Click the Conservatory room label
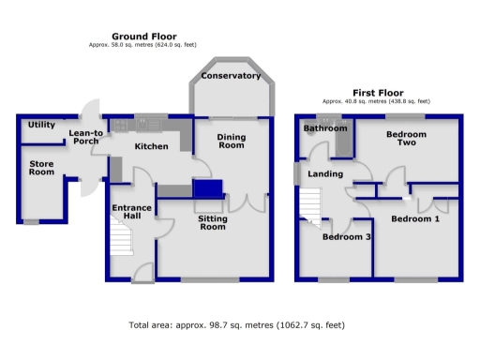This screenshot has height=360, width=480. point(231,76)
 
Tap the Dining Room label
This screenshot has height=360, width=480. point(231,141)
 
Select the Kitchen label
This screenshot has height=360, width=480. point(151,146)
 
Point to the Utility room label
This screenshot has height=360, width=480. point(41,125)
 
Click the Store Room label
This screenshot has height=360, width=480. point(41,166)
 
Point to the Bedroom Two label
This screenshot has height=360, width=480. point(406,140)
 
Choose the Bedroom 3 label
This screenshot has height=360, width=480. point(346,237)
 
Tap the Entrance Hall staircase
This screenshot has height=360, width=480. point(119,239)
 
